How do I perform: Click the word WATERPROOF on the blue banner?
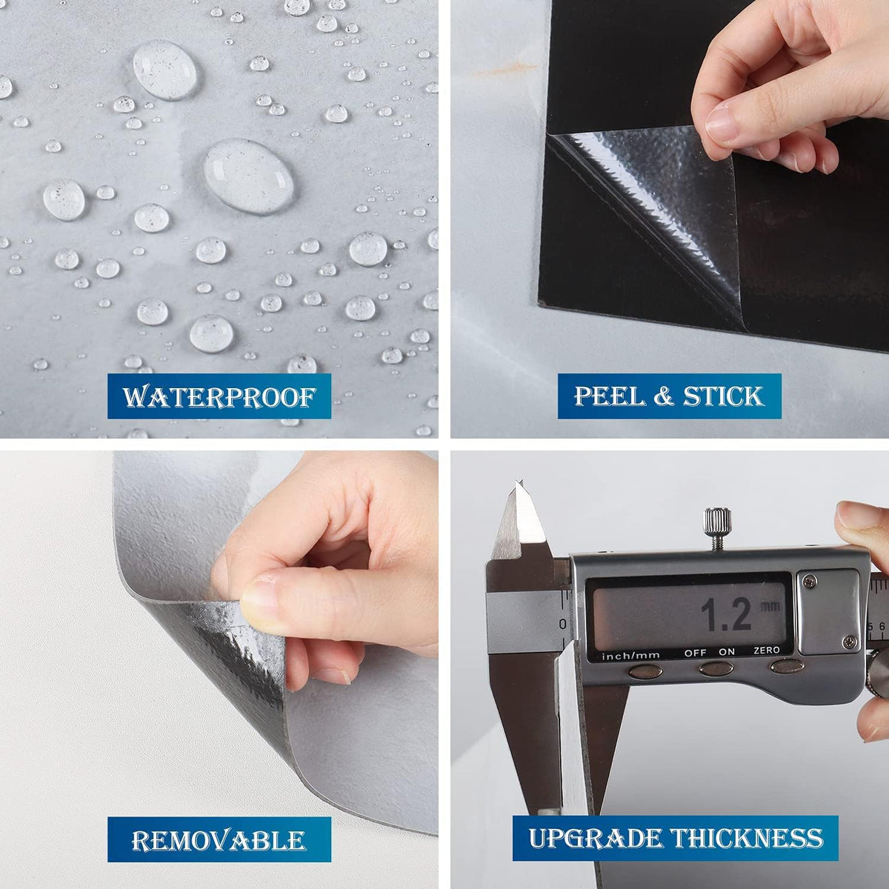pyautogui.click(x=219, y=397)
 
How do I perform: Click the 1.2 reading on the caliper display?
pyautogui.click(x=726, y=614)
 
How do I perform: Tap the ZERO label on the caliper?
pyautogui.click(x=767, y=650)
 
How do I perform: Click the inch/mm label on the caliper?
pyautogui.click(x=630, y=656)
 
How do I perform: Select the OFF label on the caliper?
pyautogui.click(x=695, y=653)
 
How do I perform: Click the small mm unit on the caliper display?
pyautogui.click(x=770, y=606)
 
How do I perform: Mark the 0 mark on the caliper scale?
pyautogui.click(x=562, y=625)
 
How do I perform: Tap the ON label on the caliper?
pyautogui.click(x=727, y=652)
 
